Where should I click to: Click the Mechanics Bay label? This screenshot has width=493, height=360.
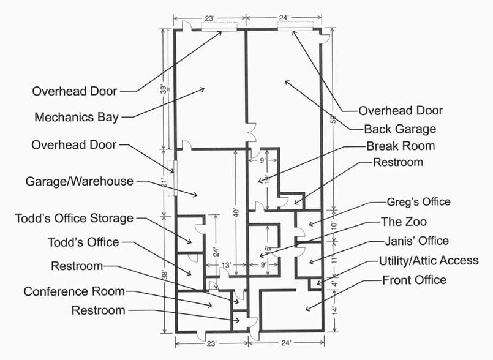[77, 117]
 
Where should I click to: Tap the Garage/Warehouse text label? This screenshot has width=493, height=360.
[80, 181]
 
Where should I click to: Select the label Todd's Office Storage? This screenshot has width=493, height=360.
[73, 218]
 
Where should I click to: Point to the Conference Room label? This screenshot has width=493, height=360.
[73, 291]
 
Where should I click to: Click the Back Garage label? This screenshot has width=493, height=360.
[400, 129]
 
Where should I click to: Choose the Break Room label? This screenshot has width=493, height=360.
[401, 146]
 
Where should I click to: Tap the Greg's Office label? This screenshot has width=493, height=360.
[418, 202]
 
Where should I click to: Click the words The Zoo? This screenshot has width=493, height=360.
[404, 222]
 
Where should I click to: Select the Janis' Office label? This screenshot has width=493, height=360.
[416, 241]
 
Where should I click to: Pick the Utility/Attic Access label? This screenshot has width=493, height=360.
[429, 261]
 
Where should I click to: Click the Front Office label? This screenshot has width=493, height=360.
[415, 280]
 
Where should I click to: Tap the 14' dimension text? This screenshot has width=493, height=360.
[333, 310]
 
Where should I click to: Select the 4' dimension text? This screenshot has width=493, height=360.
[333, 284]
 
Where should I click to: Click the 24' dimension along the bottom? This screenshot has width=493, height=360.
[286, 343]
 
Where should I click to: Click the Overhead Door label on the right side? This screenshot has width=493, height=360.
[401, 111]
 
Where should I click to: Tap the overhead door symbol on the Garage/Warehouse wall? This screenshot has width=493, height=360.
[173, 177]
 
